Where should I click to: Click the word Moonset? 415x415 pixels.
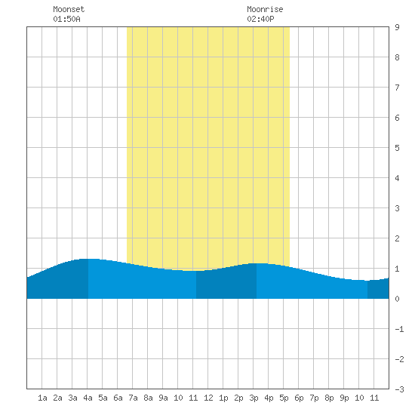click(x=69, y=9)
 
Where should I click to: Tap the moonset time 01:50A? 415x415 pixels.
click(x=66, y=19)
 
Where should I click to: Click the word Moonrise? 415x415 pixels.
click(x=265, y=9)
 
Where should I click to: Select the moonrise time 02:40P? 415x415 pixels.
click(x=261, y=19)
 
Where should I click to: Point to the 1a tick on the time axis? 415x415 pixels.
click(x=42, y=398)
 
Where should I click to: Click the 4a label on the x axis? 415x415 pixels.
click(x=88, y=398)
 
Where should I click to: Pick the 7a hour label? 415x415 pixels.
click(x=133, y=398)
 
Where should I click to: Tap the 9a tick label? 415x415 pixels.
click(x=163, y=398)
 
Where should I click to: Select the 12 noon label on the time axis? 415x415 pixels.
click(x=208, y=398)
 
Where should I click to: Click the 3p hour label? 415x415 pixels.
click(x=254, y=398)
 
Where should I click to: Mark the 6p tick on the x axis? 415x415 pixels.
click(x=299, y=398)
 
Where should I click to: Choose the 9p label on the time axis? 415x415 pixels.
click(x=344, y=398)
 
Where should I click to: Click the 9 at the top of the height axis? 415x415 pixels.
click(x=397, y=27)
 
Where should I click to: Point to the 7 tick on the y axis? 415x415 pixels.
click(x=397, y=88)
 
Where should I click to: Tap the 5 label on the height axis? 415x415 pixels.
click(x=397, y=148)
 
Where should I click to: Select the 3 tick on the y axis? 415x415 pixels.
click(x=397, y=208)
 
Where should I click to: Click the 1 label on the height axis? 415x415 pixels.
click(x=397, y=269)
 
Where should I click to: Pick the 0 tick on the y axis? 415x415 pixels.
click(x=397, y=299)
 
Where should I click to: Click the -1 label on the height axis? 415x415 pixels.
click(x=399, y=329)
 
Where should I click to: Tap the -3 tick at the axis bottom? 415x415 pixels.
click(x=399, y=389)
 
